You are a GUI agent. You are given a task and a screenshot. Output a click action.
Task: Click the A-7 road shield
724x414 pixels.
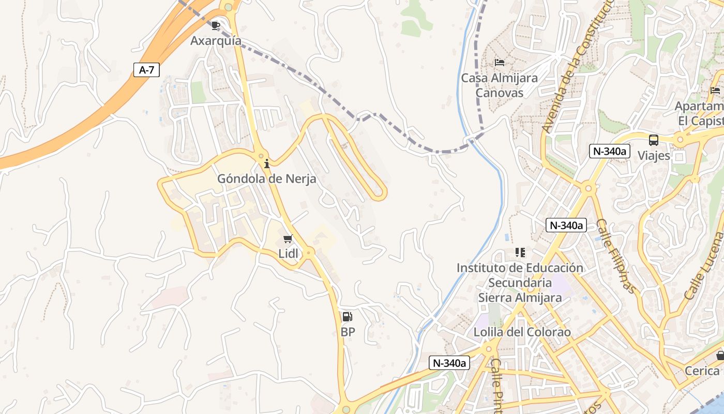147,70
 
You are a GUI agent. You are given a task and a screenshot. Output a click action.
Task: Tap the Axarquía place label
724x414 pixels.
216,40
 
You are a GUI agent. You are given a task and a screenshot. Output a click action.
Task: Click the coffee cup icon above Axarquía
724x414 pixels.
216,25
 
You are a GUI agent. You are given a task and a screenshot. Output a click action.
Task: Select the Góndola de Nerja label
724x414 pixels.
266,179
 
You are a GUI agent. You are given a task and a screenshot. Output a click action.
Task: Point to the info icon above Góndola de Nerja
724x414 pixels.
267,164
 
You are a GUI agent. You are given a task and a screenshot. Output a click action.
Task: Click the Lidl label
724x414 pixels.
288,254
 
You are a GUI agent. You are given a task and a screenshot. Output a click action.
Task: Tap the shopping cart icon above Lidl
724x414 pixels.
288,239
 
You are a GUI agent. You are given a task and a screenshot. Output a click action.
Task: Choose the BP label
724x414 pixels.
348,332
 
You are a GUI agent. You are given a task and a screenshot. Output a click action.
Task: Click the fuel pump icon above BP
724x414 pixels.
348,317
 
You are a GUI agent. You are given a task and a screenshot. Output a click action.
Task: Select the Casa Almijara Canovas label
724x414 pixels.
499,85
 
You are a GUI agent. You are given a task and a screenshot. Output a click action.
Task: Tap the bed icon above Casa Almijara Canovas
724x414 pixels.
499,63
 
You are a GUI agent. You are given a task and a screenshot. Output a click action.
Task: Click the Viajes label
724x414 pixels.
654,155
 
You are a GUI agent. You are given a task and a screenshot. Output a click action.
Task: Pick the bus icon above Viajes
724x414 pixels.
654,140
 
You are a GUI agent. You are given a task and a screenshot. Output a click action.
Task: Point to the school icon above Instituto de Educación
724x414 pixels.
520,253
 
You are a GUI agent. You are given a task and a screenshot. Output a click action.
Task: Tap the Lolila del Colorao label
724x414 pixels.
522,332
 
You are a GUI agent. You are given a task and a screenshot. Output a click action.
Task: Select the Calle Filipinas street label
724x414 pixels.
615,256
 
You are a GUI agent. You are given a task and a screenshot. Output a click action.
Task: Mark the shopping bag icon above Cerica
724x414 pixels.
720,356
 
